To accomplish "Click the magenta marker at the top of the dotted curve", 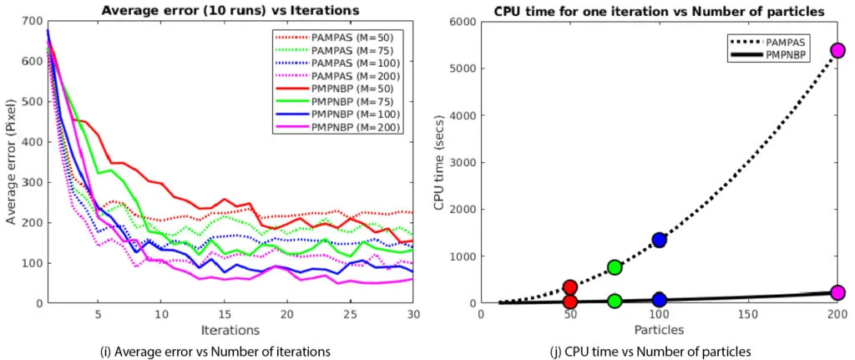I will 837,50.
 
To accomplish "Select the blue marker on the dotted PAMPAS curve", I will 659,240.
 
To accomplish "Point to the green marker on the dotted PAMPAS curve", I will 615,267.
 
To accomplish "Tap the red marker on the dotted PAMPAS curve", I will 570,287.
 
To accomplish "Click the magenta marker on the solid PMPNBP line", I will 837,292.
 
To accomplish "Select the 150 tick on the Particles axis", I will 748,316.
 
